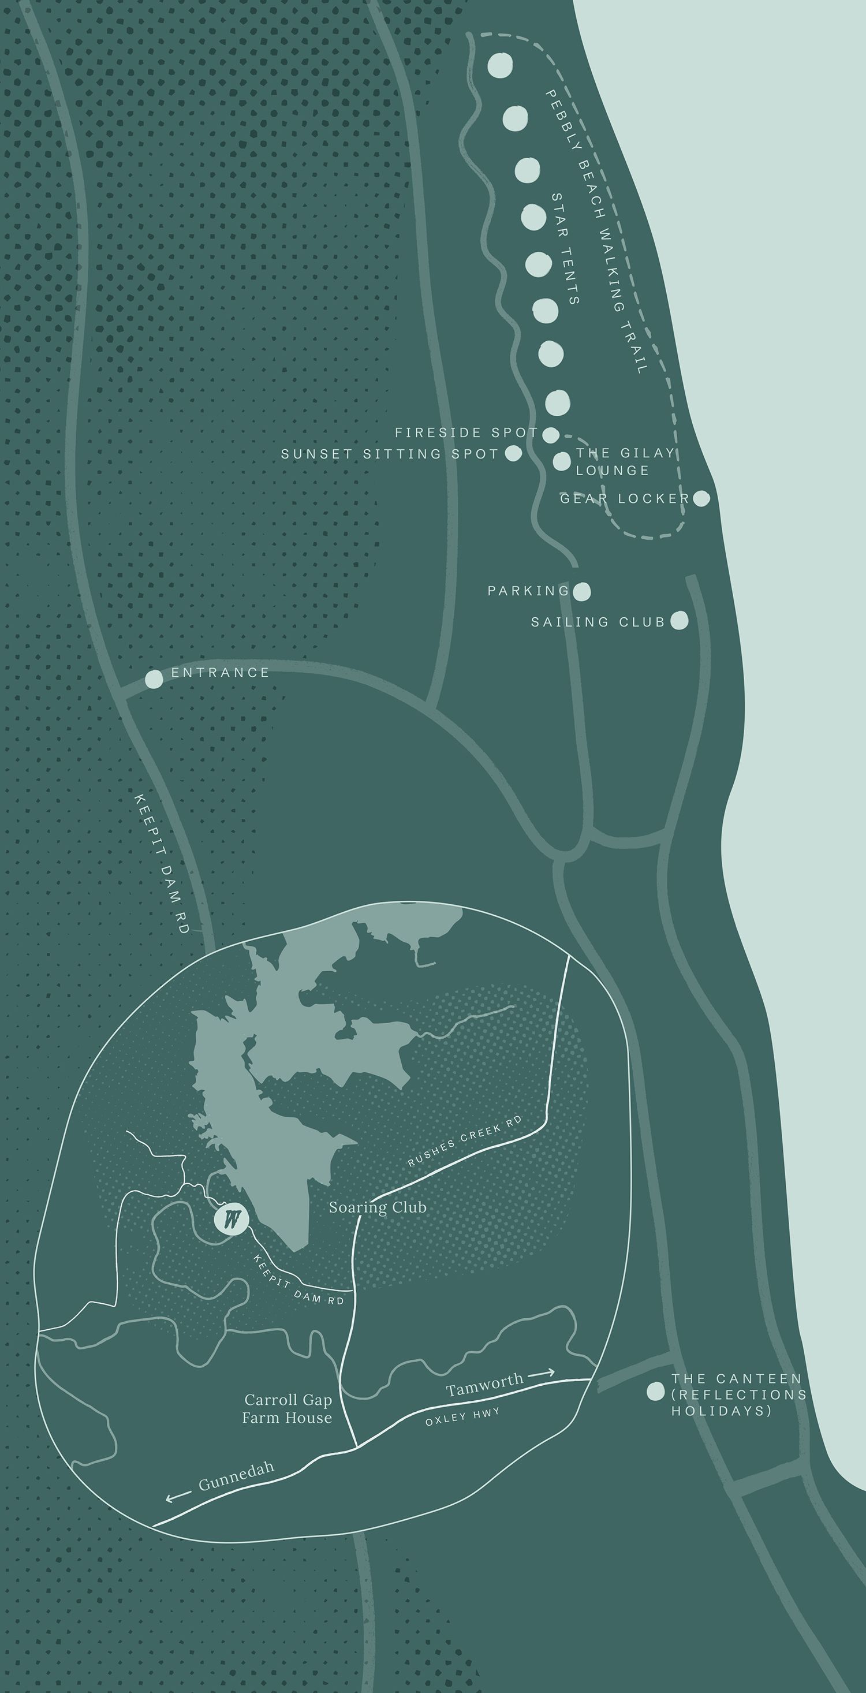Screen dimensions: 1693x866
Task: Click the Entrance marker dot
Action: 154,679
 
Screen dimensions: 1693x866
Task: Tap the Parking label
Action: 528,591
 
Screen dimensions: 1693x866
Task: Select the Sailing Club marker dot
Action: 680,620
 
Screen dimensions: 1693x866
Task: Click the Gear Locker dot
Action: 701,499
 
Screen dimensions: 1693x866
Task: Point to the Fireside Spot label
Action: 466,432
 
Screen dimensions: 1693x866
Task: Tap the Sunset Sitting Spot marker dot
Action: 513,453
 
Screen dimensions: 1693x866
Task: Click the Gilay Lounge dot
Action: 562,461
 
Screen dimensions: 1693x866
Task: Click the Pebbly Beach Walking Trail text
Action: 596,232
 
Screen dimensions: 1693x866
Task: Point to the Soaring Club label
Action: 378,1207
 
